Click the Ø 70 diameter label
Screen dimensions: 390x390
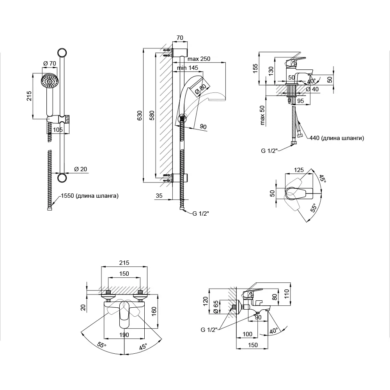coord(50,64)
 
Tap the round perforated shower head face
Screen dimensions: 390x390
coord(49,82)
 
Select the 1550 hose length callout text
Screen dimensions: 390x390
coord(89,196)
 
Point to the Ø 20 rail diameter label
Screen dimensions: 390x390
coord(81,169)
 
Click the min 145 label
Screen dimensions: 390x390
coord(187,68)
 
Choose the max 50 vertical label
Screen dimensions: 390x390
coord(263,115)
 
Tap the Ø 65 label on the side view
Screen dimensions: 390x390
coord(216,306)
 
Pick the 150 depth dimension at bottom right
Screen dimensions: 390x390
coord(253,345)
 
